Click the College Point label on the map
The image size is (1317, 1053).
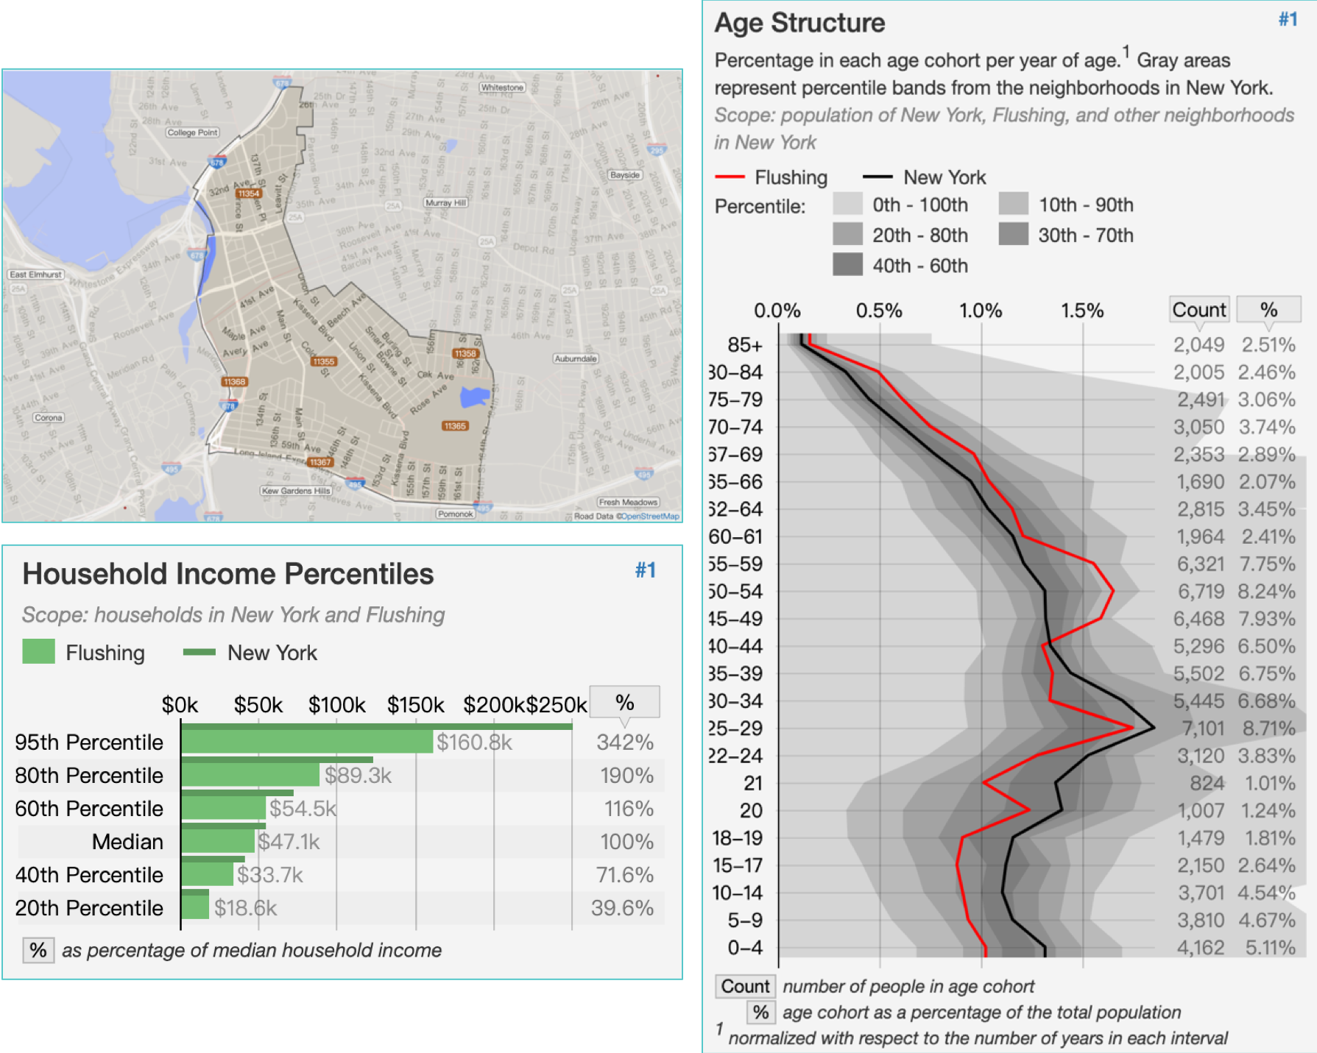point(192,132)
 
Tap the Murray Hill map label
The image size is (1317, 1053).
point(446,202)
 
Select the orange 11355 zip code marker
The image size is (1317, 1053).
point(323,361)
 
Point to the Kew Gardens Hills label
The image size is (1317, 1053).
point(297,491)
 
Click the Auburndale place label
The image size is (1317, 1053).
point(576,358)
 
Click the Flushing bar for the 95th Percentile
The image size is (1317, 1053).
point(307,742)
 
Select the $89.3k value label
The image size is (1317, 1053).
point(358,776)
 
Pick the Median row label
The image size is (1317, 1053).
point(127,842)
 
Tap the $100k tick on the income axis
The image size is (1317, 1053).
point(336,705)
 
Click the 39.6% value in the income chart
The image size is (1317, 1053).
point(622,908)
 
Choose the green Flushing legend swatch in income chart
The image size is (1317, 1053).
point(38,652)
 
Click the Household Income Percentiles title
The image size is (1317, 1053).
point(228,574)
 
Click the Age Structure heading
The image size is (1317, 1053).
point(799,23)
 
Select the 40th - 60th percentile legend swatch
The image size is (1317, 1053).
point(847,265)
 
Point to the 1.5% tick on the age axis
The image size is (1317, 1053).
point(1082,311)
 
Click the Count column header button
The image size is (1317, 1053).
point(1199,310)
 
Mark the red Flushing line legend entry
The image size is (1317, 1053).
point(772,177)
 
